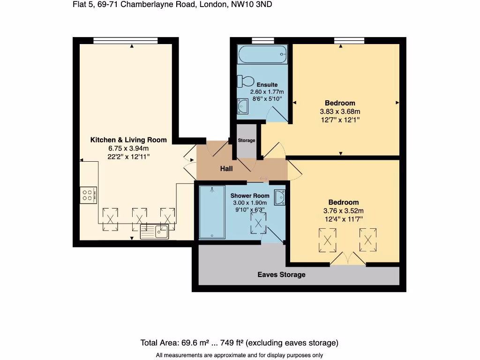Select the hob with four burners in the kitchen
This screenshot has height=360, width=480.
point(88,194)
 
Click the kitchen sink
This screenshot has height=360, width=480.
point(155,231)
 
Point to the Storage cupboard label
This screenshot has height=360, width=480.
point(247,141)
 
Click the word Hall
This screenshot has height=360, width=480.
point(226,168)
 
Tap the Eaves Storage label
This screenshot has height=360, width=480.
point(281,275)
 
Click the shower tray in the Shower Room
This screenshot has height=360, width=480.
point(212,212)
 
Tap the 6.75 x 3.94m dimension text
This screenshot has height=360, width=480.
point(128,148)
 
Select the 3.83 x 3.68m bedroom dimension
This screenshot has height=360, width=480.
point(340,112)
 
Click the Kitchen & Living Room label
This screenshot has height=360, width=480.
point(128,140)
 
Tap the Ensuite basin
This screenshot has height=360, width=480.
point(242,106)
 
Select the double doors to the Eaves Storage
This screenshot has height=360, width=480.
point(347,260)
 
